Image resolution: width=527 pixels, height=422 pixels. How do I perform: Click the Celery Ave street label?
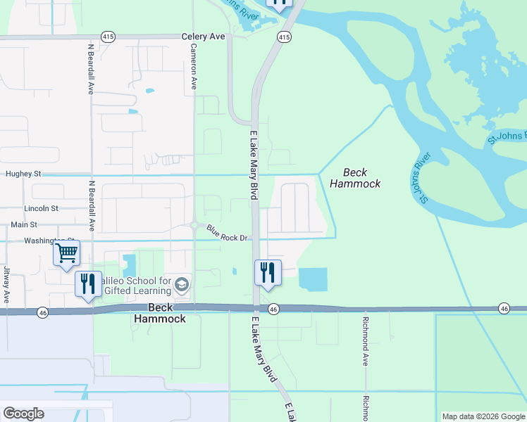(x=203, y=36)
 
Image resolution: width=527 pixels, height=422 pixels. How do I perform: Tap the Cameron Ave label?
(x=193, y=68)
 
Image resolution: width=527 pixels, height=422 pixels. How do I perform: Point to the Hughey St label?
(x=23, y=173)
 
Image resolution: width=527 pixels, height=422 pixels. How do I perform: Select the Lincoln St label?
(x=41, y=208)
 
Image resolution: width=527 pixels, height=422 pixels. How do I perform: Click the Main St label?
(x=24, y=225)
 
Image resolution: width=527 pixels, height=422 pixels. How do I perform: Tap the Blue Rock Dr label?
(x=226, y=233)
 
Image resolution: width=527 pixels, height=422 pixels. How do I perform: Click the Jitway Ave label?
(x=6, y=284)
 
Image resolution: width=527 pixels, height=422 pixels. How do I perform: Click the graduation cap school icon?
(x=182, y=284)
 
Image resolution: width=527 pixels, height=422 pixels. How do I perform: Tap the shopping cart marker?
(x=66, y=252)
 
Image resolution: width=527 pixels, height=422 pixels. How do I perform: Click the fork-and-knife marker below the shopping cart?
(x=88, y=283)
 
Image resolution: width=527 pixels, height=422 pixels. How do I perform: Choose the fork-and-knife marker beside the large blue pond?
(x=268, y=272)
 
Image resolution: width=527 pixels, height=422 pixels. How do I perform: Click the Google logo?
(x=23, y=414)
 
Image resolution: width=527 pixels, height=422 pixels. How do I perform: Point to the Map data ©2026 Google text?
(x=483, y=416)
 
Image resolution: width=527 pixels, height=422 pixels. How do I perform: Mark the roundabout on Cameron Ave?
(x=194, y=225)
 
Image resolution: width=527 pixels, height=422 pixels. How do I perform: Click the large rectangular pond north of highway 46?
(x=313, y=279)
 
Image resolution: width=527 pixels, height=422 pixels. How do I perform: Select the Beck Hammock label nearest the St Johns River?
(x=361, y=178)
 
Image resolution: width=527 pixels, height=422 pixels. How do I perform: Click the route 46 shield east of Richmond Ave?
(x=504, y=308)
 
